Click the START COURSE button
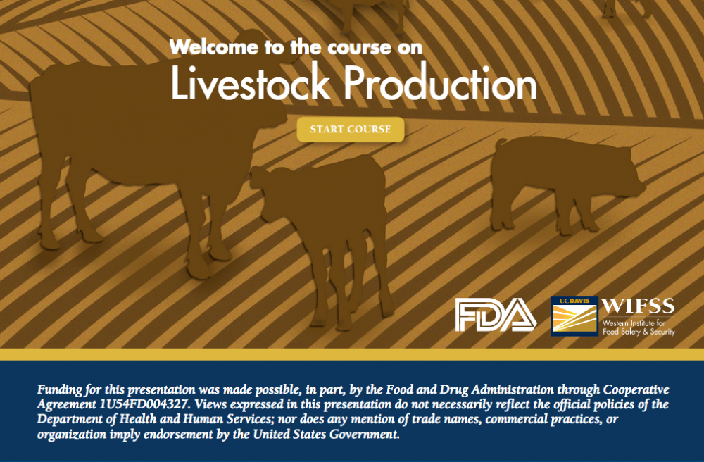(x=350, y=130)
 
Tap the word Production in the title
(x=440, y=82)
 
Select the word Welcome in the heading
(x=214, y=46)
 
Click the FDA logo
(x=496, y=315)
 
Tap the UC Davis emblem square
(x=574, y=316)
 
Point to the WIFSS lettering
(x=638, y=306)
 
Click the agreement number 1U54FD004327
(x=144, y=404)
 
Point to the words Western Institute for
(x=634, y=323)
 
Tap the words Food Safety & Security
(x=639, y=332)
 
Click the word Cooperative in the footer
(x=636, y=389)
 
